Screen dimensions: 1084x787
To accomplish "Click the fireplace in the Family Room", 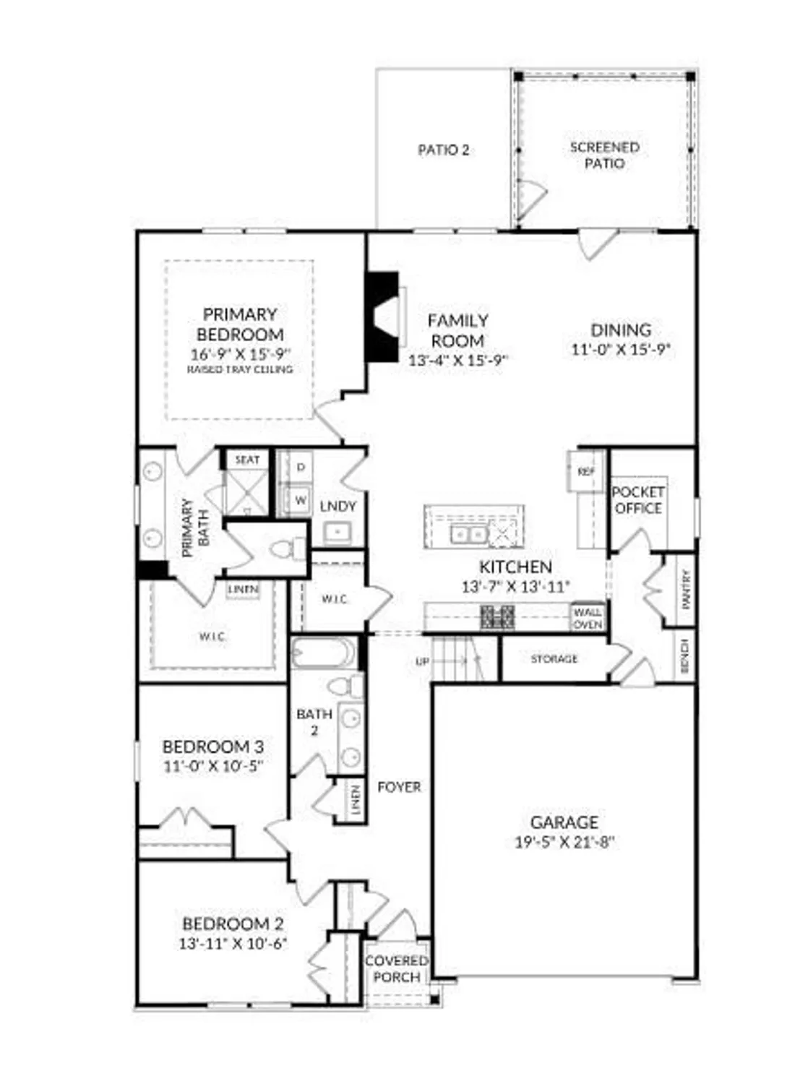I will pos(384,316).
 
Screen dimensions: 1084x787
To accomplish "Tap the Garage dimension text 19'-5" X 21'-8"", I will pos(564,842).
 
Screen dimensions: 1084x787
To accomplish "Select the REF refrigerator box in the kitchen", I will pos(586,472).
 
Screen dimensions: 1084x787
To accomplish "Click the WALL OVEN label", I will pos(588,618).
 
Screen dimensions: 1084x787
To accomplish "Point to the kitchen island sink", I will pos(468,534).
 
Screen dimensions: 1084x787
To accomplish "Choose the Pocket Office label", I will pos(638,500).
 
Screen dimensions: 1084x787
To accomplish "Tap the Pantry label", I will pos(686,588).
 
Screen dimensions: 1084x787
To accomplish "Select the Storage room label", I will pos(554,659).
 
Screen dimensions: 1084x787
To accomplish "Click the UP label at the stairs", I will pos(423,661).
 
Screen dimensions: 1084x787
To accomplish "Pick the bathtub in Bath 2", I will pos(324,653).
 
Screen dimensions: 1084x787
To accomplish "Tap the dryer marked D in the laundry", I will pos(301,468).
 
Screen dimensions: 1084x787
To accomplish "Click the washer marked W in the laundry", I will pos(301,499).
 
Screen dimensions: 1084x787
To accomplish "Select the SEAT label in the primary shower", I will pos(247,460).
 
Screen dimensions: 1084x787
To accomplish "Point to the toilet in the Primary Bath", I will pos(290,549).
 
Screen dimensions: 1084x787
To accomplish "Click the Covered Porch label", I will pos(397,969).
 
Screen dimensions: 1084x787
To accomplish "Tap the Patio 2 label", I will pos(444,150).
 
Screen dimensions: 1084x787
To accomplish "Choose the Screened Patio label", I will pos(605,155).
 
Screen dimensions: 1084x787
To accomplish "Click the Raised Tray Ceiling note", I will pos(240,369).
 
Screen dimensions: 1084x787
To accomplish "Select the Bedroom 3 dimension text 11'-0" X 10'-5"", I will pos(212,766).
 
